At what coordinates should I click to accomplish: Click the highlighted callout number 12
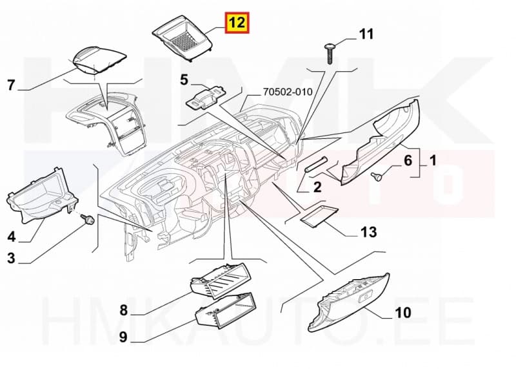click(x=236, y=24)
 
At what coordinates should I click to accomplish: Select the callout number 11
click(x=366, y=34)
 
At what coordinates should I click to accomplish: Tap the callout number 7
click(x=10, y=85)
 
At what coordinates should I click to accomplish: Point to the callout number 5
click(x=184, y=80)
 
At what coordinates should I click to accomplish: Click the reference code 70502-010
click(x=287, y=92)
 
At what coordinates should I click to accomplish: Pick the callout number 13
click(x=369, y=231)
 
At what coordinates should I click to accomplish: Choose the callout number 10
click(x=402, y=313)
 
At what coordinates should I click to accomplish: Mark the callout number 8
click(x=124, y=310)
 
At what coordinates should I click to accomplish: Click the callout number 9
click(x=124, y=336)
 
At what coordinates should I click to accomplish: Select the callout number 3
click(x=10, y=259)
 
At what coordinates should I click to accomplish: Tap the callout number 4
click(x=10, y=237)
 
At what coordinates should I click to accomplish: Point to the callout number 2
click(x=317, y=188)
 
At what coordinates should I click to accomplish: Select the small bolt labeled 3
click(x=85, y=220)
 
